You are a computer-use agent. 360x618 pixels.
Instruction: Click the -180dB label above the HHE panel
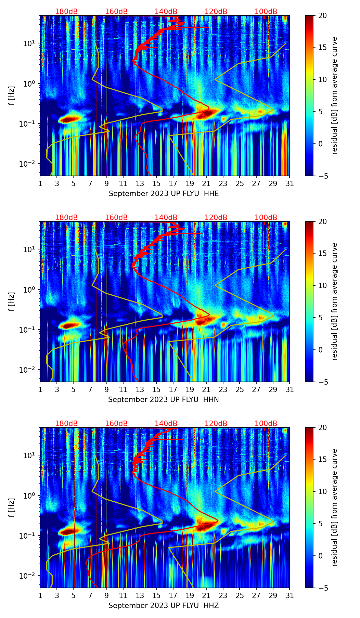pos(65,12)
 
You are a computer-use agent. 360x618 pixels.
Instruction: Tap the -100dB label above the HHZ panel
pos(265,424)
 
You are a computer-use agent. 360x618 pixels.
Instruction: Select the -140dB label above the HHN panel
pos(165,218)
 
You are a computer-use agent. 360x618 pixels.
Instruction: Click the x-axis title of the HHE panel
pos(164,194)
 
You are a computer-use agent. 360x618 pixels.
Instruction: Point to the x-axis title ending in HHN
pos(164,400)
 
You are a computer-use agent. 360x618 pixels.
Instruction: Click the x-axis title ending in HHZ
pos(164,606)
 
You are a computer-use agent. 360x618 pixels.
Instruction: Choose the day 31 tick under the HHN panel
pos(290,390)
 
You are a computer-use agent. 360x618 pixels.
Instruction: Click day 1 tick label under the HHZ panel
pos(40,596)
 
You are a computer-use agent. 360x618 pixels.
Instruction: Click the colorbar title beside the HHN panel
pos(334,301)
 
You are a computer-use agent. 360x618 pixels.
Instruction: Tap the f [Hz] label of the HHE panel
pos(12,95)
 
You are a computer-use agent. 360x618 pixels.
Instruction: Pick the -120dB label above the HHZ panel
pos(215,424)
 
